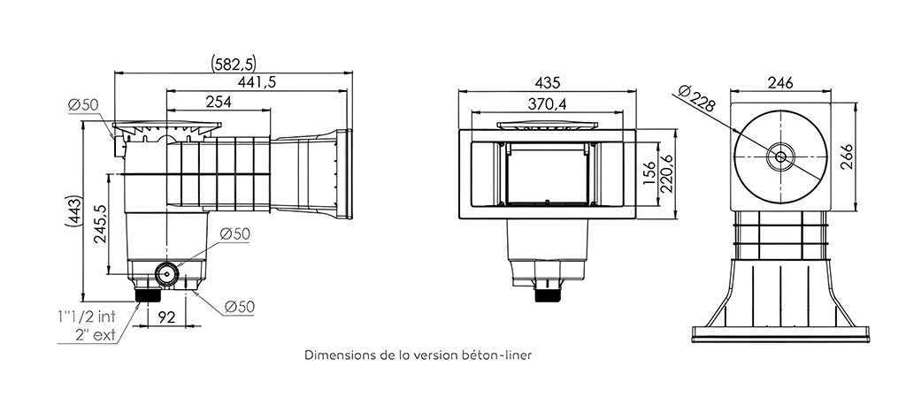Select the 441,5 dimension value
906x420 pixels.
(257, 82)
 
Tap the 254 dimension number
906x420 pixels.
(219, 102)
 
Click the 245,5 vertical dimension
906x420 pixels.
(99, 225)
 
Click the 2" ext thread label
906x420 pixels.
(96, 334)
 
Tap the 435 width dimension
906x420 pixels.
(547, 82)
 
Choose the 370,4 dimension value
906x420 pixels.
(547, 103)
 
